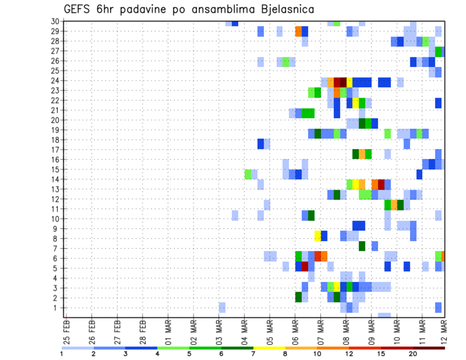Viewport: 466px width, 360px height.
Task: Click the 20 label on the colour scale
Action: coord(413,354)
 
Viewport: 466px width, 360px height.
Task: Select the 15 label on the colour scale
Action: coord(381,354)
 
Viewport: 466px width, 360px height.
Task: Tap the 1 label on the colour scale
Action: coord(62,354)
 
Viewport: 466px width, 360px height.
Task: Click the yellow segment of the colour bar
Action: coord(269,348)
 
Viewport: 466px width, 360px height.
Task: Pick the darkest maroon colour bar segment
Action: coord(429,348)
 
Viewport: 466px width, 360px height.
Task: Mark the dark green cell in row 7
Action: coord(362,246)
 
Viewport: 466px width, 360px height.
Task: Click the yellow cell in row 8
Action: coord(317,236)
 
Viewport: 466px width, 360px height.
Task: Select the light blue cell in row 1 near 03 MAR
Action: coord(222,308)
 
